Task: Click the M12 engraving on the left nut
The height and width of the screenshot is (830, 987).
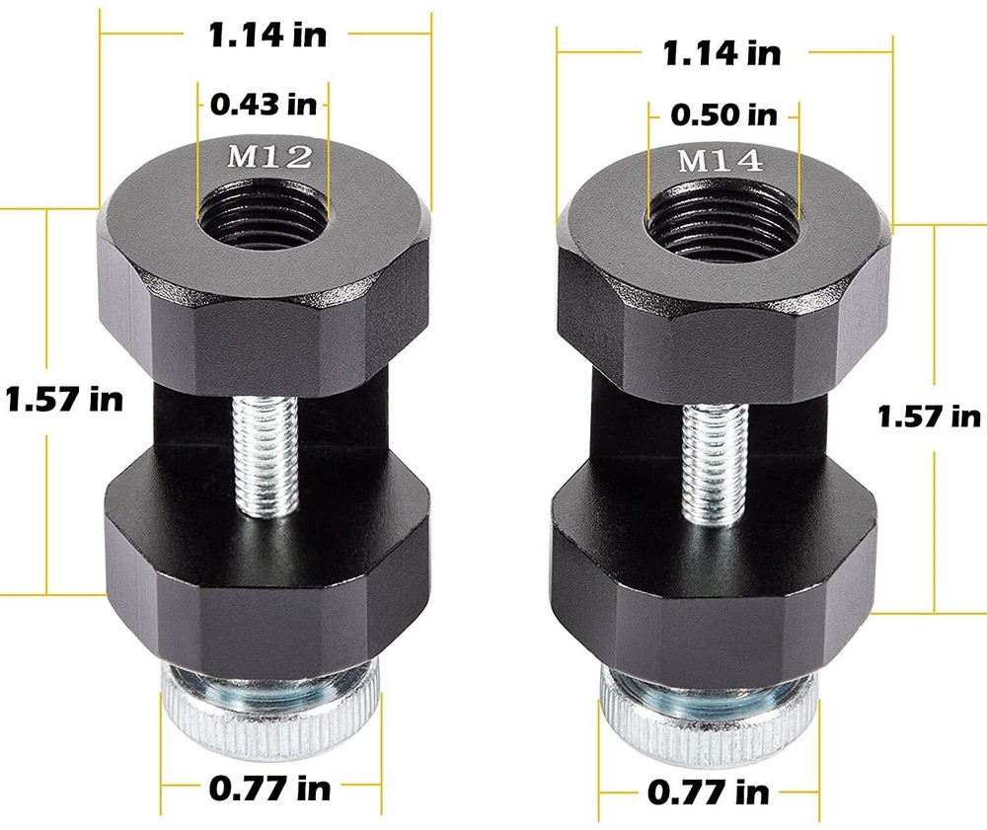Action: (x=264, y=156)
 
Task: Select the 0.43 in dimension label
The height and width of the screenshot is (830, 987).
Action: (x=264, y=101)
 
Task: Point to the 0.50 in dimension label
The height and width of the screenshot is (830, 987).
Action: (x=723, y=114)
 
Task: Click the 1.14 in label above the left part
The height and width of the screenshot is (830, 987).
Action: (x=266, y=35)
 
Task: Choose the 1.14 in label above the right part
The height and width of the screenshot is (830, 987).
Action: (x=721, y=51)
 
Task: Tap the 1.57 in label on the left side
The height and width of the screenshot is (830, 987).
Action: (x=64, y=400)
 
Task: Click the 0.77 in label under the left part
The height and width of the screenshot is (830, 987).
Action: (x=269, y=788)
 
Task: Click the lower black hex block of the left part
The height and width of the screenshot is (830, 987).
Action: (x=266, y=572)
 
